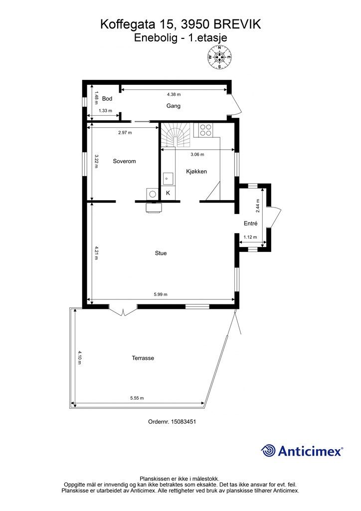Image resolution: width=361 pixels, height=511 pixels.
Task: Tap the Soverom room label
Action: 124,161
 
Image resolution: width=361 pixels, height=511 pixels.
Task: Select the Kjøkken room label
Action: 196,172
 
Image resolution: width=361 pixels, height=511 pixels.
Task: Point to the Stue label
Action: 161,253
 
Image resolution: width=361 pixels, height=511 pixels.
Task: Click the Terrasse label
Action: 143,358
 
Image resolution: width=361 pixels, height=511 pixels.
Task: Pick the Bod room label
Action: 107,99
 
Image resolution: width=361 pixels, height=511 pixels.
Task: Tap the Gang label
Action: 173,106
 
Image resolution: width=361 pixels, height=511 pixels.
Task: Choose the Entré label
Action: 251,224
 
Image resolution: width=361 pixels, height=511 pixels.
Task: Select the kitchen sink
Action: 168,179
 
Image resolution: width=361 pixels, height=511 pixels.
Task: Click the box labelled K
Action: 168,193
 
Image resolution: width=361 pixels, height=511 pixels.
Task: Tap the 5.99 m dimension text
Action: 161,294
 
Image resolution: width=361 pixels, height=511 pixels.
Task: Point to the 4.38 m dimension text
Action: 174,94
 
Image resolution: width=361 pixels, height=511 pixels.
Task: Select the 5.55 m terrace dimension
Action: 137,398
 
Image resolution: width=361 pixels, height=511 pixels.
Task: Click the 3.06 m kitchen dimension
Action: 197,155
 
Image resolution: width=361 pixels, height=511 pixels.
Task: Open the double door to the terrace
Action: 123,310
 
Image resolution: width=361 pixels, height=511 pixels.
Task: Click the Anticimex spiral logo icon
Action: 269,451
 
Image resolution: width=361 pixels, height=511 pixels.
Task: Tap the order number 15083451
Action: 183,421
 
